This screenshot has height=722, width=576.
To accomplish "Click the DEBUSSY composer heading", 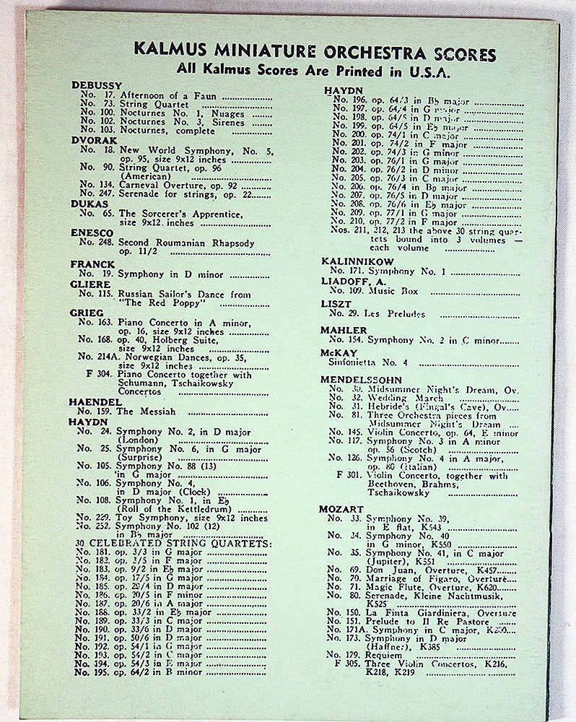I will pos(96,85).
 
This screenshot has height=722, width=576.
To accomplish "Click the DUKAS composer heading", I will pos(89,204).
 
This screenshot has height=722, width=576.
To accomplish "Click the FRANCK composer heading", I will pos(92,264).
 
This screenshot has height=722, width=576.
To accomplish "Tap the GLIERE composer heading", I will pos(90,284).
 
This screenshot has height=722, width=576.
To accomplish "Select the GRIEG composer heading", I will pos(87,313).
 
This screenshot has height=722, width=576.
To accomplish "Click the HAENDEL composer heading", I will pos(94,401).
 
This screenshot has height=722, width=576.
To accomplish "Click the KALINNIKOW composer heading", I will pos(358,260).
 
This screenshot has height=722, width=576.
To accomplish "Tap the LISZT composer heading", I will pos(336,304).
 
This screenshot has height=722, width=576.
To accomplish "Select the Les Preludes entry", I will pos(396,314).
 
